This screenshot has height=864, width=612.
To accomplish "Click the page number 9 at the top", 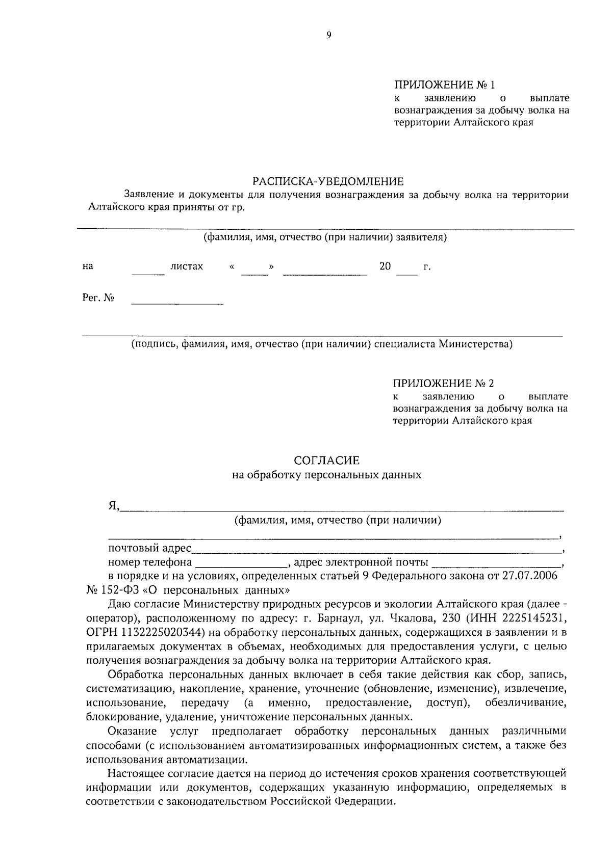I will pos(328,35).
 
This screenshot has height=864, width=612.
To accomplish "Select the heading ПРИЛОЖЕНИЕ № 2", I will pos(444,383).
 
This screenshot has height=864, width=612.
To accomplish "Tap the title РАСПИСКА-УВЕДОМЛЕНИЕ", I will pos(328,181).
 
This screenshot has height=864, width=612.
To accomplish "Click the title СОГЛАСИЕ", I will pos(326,461).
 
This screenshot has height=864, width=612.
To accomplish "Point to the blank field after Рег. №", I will pos(177,301).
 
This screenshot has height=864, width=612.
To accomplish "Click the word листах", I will pos(187,266).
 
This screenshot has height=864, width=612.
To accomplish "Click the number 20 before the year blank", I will pos(385,266).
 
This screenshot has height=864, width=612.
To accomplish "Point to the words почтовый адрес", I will pos(149,549).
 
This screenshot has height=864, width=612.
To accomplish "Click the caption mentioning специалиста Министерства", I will pos(321,344).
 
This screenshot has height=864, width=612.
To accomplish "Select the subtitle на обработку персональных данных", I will pos(326,475).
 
